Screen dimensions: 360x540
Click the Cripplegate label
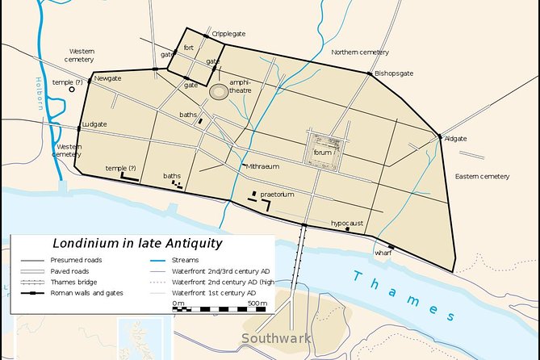[228, 34]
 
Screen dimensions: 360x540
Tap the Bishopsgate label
[394, 73]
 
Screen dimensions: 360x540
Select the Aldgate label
[457, 139]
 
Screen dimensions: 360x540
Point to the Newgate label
[108, 78]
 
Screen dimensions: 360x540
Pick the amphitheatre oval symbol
[218, 92]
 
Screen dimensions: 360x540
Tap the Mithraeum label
[262, 166]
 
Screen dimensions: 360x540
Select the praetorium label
[277, 195]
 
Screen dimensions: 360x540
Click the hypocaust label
[347, 222]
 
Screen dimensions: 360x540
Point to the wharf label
[383, 253]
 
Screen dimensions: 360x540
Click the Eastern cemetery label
[482, 176]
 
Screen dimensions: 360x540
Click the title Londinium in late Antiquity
[137, 242]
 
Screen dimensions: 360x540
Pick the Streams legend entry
[186, 261]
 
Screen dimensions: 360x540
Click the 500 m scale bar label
[257, 303]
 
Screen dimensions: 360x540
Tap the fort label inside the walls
[189, 48]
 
